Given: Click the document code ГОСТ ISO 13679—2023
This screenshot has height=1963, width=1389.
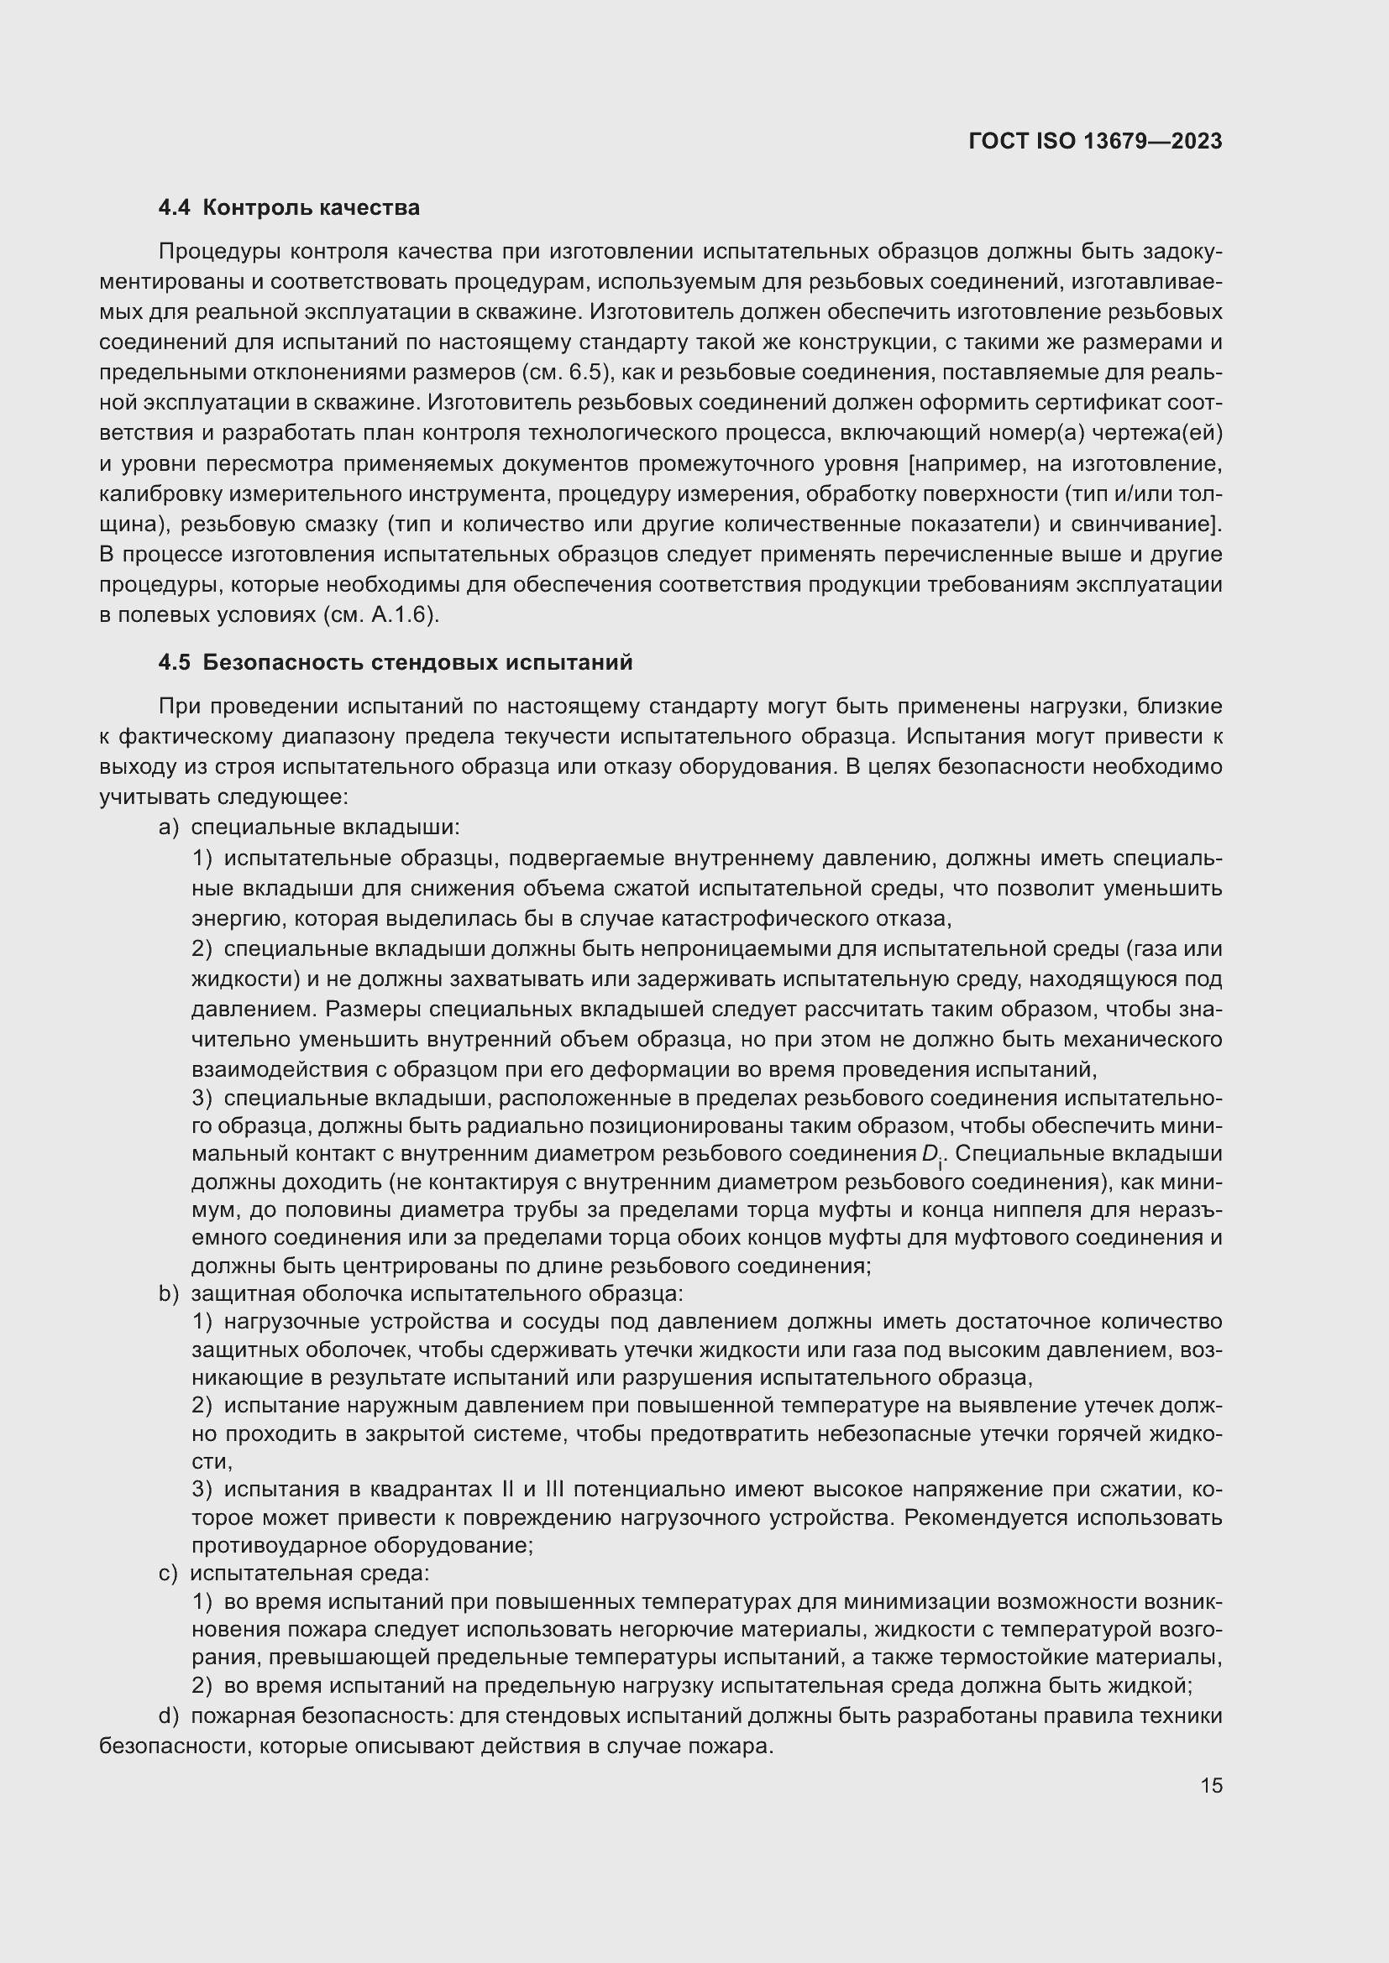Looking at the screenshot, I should click(1095, 141).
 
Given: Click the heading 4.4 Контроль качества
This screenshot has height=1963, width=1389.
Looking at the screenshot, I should click(288, 208).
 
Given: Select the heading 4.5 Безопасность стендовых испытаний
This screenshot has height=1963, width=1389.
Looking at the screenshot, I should click(396, 663).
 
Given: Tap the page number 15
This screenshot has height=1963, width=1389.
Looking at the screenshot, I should click(1211, 1785).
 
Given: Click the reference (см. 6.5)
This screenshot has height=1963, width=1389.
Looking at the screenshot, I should click(564, 373).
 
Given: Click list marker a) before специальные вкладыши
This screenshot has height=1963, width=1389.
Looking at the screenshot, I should click(169, 827).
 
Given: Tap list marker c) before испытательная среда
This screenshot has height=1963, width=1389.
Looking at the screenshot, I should click(168, 1573).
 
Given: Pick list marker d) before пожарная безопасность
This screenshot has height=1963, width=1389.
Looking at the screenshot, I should click(169, 1716).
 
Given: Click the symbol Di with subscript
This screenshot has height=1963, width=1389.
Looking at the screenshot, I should click(931, 1155).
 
